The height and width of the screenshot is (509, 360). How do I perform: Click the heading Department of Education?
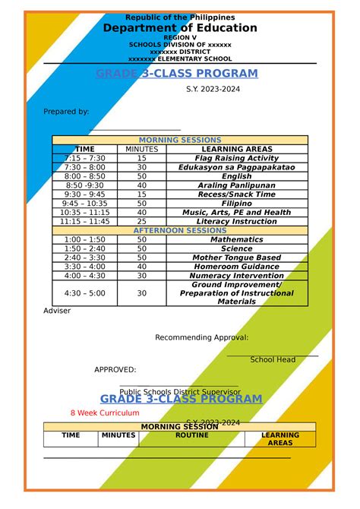[x=180, y=28]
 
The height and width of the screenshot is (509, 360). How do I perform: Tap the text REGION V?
[x=180, y=37]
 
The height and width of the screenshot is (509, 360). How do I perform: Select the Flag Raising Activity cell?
[x=237, y=158]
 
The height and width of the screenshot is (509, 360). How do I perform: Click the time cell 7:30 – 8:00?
[x=85, y=167]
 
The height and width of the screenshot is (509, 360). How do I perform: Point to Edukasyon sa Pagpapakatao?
[x=237, y=167]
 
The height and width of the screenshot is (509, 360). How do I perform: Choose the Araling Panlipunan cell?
[x=237, y=185]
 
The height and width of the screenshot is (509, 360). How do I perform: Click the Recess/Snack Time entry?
[x=237, y=194]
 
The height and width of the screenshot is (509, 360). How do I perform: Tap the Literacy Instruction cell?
[x=237, y=221]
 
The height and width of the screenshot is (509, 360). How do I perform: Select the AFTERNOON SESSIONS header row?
[x=180, y=230]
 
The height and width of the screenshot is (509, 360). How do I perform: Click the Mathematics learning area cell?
[x=237, y=239]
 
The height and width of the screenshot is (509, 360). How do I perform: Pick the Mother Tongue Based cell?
[x=237, y=258]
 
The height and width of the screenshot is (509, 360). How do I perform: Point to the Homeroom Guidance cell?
[x=237, y=267]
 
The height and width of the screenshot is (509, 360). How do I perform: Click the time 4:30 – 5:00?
[x=85, y=292]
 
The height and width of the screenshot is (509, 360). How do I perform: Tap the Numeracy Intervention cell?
[x=237, y=276]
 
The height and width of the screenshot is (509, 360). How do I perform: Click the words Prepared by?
[x=66, y=112]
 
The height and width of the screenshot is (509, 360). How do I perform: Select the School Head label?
[x=273, y=359]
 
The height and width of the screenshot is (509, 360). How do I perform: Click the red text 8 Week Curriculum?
[x=105, y=413]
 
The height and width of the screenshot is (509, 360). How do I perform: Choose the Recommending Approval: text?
[x=201, y=337]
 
